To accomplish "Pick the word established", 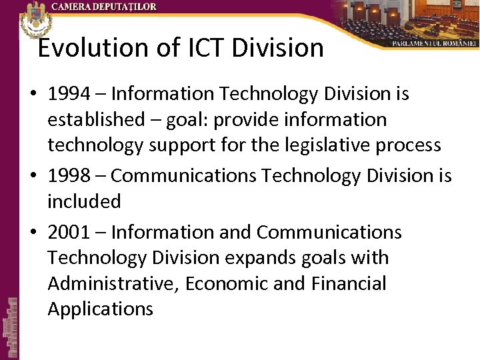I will tap(96, 121).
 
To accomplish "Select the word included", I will tap(84, 201).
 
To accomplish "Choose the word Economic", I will tap(227, 284).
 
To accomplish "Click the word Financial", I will tap(348, 284).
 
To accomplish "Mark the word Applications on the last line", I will tap(100, 309).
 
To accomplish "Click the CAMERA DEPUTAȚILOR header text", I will tap(105, 7).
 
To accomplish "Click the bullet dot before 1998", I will tap(34, 177).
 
